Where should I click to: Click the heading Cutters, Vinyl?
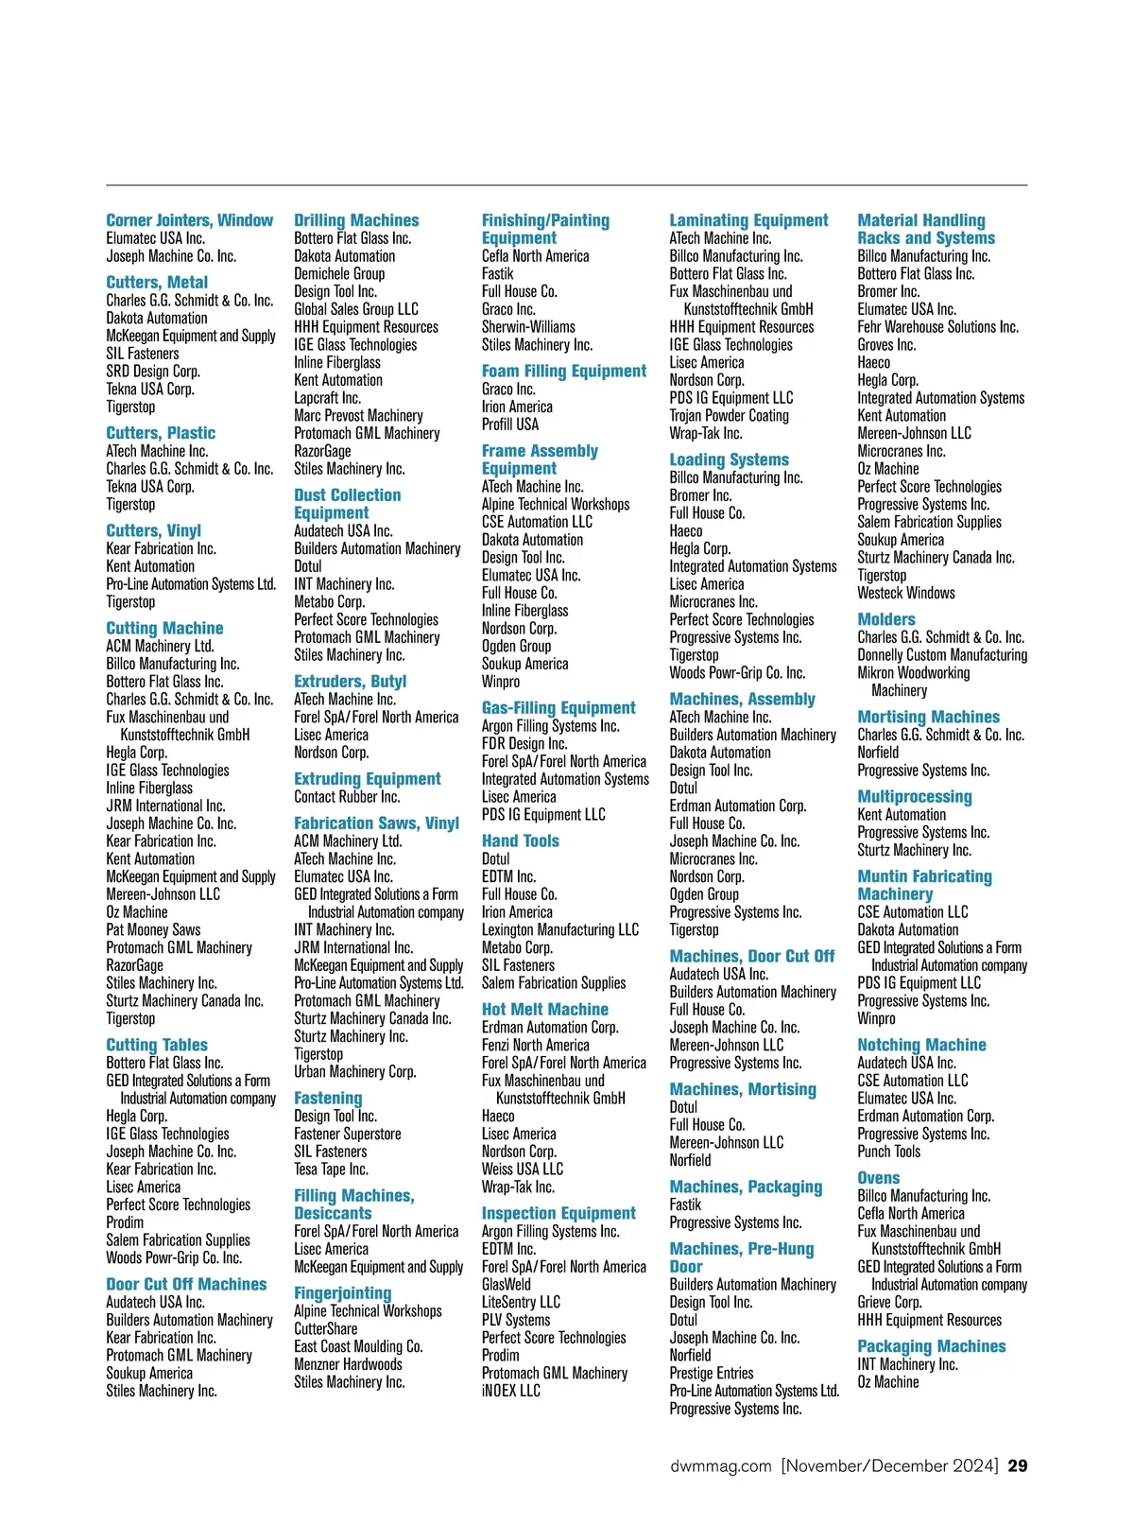click(x=153, y=530)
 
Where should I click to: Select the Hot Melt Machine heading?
click(x=544, y=1009)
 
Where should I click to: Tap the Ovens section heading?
click(x=878, y=1177)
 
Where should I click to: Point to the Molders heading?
click(x=885, y=619)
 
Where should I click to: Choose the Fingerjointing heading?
click(x=342, y=1292)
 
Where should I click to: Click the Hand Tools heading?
click(x=520, y=840)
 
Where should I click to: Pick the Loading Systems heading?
click(x=729, y=459)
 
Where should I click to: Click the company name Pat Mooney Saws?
click(x=153, y=929)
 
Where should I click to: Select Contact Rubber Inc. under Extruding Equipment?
click(x=346, y=797)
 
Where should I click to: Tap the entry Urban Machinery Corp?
click(x=354, y=1071)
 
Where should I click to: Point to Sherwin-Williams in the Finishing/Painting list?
click(x=528, y=326)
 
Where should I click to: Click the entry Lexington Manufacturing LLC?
click(x=559, y=929)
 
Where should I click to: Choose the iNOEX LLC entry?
click(x=510, y=1391)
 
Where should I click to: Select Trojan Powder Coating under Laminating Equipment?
click(x=729, y=415)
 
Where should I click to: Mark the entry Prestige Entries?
click(x=711, y=1373)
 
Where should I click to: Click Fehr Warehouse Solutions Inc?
click(x=937, y=326)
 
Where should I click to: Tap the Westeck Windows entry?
click(x=905, y=593)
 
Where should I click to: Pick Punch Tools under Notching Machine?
click(x=888, y=1151)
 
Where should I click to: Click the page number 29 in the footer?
click(x=1017, y=1465)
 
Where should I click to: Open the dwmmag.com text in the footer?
click(x=720, y=1465)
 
